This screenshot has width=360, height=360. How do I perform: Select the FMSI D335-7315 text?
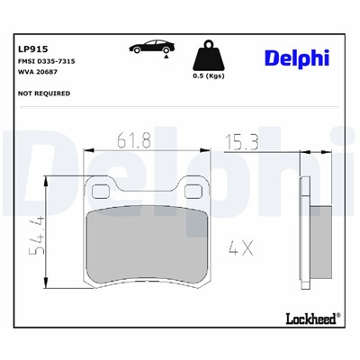tap(45, 65)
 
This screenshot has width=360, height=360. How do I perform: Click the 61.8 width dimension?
tap(133, 139)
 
